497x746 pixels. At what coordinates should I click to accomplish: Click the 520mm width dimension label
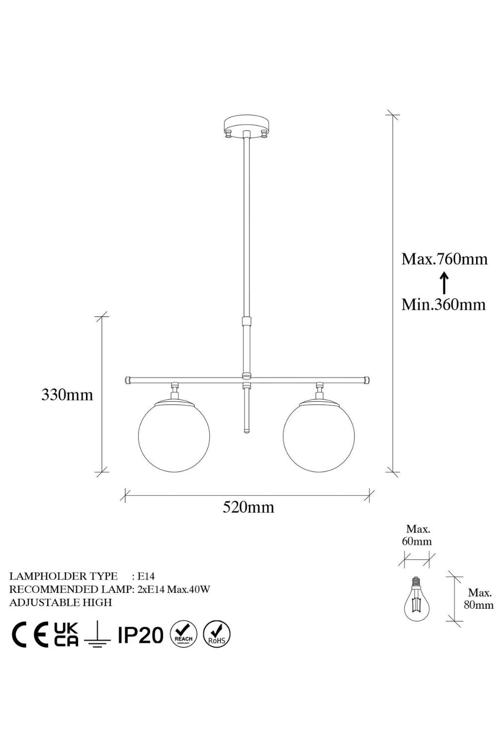(248, 507)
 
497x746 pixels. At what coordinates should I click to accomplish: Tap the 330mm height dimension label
(67, 395)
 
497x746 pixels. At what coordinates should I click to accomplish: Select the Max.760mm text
(444, 259)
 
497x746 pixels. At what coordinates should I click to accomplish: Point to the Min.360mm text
(443, 304)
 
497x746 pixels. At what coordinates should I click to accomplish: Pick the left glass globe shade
(174, 437)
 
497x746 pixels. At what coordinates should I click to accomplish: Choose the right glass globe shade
(319, 437)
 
